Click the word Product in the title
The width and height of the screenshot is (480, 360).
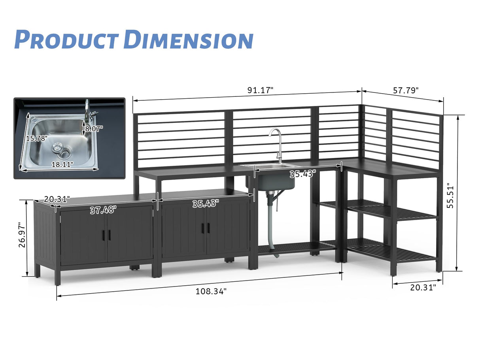tap(66, 40)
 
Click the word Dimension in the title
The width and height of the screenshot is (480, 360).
tap(188, 40)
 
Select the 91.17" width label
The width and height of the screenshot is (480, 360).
tap(261, 90)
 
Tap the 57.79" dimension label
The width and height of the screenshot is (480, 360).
tap(406, 90)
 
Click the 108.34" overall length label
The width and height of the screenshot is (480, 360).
tap(211, 292)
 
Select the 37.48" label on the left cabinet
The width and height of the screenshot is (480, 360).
tap(103, 210)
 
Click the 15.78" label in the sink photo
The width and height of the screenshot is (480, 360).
tap(37, 138)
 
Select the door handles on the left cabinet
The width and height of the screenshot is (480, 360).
tap(107, 235)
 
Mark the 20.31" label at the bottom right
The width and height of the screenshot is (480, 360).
tap(423, 288)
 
